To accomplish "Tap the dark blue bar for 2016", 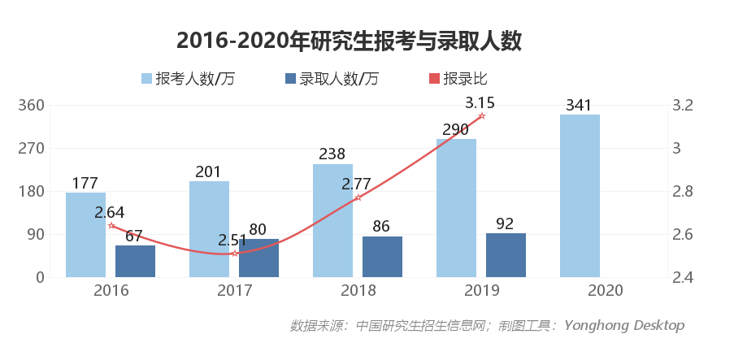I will (135, 261).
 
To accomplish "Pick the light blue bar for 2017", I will (209, 228).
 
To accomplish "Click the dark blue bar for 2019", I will (506, 255).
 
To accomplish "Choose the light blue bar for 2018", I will (332, 220).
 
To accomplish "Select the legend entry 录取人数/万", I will (332, 79).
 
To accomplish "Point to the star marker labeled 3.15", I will (481, 116).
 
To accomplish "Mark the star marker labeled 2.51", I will (234, 254).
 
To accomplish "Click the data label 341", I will (579, 105).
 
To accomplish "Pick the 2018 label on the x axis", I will (358, 291).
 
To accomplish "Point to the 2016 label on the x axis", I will (111, 291).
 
